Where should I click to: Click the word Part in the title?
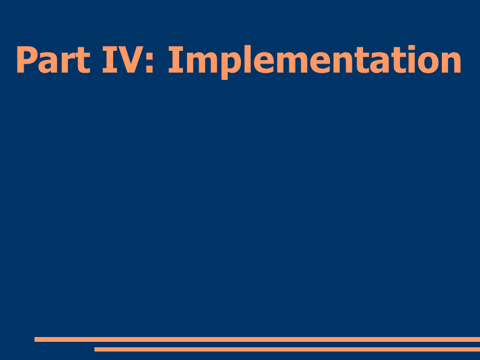53,59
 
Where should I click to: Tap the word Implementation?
314,62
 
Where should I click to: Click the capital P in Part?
25,60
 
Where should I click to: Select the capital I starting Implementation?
176,60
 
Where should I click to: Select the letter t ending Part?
83,61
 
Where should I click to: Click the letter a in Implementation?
373,64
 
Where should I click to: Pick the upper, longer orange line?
257,339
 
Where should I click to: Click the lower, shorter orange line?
287,349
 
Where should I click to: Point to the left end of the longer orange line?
35,339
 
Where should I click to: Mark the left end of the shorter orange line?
94,349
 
